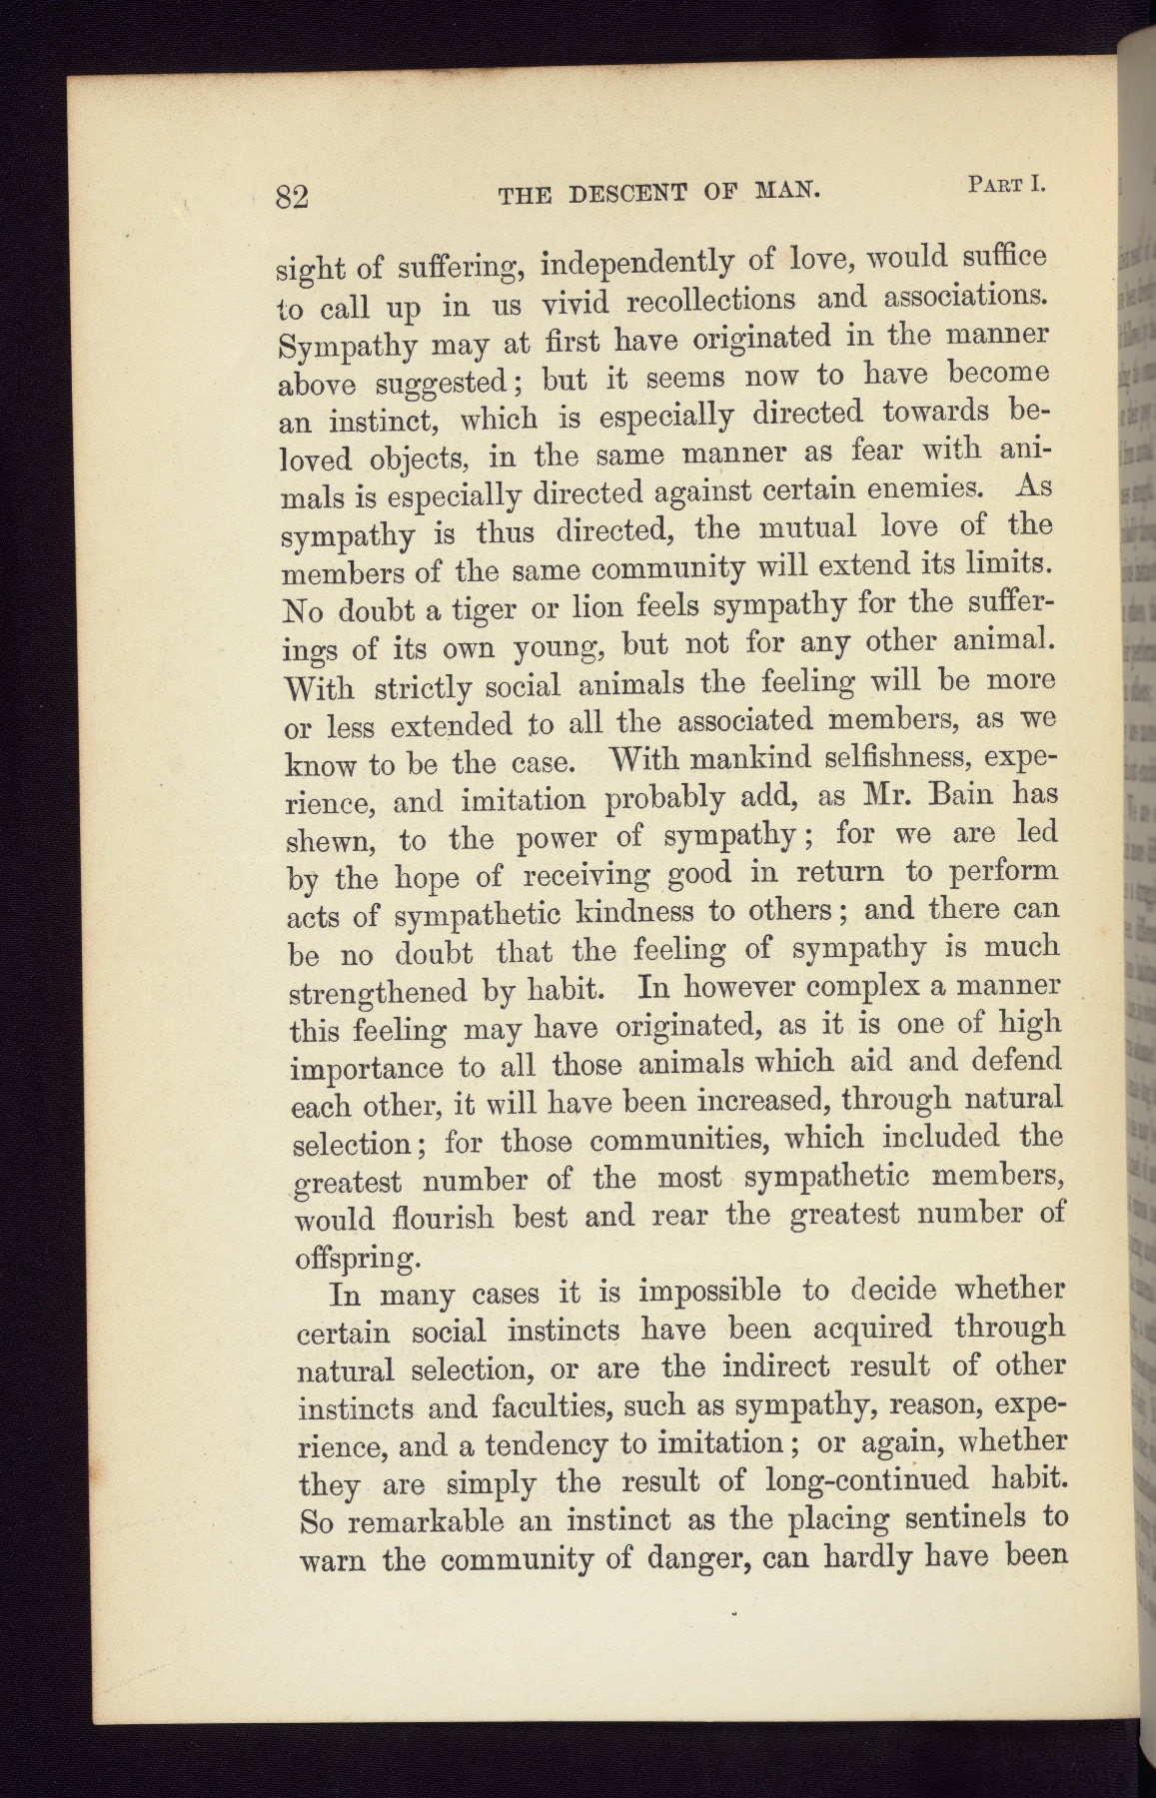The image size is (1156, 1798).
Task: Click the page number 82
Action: click(x=293, y=195)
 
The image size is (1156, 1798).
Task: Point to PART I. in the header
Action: click(x=1005, y=184)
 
